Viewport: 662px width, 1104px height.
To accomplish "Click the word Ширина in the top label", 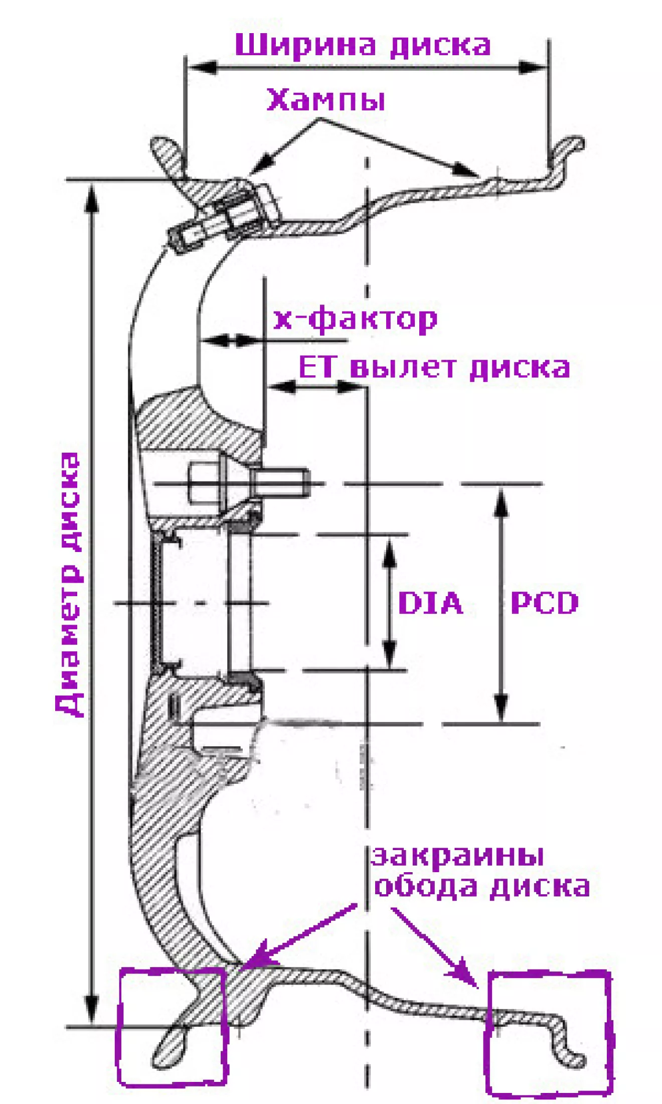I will click(x=305, y=45).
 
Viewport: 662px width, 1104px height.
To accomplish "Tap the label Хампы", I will click(x=326, y=100).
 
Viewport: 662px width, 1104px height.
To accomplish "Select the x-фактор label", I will click(x=355, y=319).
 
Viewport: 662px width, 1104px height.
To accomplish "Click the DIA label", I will click(x=430, y=603).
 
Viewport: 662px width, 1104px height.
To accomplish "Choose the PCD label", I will click(x=545, y=603).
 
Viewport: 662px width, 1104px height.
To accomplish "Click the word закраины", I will click(x=457, y=856).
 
